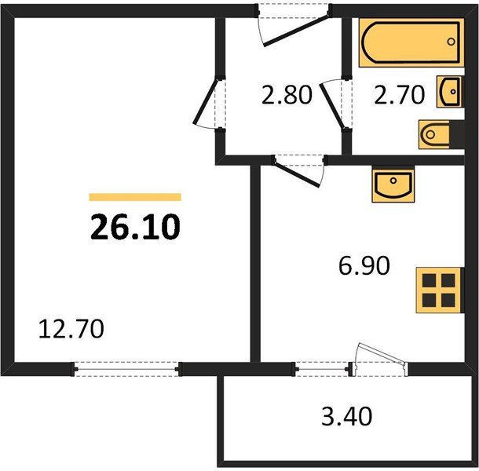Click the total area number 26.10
136,227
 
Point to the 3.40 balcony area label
346,414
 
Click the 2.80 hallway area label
286,96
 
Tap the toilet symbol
433,136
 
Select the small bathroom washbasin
452,91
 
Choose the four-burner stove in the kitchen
437,291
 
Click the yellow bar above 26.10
135,198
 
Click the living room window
126,367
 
